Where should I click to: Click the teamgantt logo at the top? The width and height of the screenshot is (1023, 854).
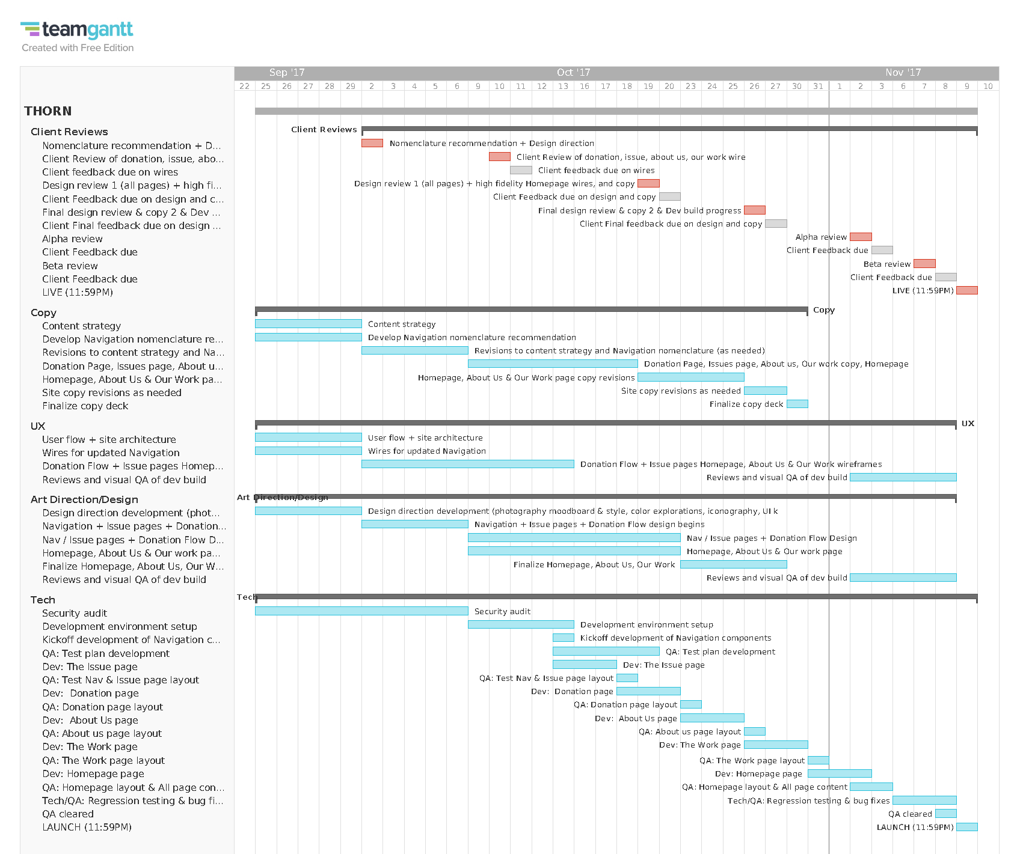[77, 29]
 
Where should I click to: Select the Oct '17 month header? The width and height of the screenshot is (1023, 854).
[573, 73]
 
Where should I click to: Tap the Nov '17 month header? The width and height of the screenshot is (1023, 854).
[903, 73]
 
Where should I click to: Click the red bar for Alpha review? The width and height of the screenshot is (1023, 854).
[861, 237]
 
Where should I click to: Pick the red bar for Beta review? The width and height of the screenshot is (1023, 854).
[924, 264]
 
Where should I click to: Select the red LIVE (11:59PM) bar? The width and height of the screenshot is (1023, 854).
[966, 290]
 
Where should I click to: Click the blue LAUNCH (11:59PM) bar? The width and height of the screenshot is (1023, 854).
[966, 827]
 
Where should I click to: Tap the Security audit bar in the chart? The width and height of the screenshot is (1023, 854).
[361, 611]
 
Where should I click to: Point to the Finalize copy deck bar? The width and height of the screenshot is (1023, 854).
[797, 404]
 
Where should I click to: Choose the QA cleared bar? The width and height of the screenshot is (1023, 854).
[945, 814]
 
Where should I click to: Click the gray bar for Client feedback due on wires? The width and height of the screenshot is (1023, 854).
[521, 170]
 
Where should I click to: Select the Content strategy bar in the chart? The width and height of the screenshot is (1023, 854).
[308, 324]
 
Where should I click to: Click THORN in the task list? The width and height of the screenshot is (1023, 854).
[48, 111]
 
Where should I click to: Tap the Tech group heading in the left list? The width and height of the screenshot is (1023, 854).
[43, 600]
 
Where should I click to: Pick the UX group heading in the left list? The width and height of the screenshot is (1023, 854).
[38, 426]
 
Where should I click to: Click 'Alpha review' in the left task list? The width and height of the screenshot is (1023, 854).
[72, 239]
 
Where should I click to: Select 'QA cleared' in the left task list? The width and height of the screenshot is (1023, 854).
[68, 814]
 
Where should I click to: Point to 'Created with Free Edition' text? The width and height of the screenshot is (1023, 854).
[78, 48]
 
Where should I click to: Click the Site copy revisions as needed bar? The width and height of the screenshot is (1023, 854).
[765, 391]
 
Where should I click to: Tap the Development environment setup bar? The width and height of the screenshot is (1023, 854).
[521, 624]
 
